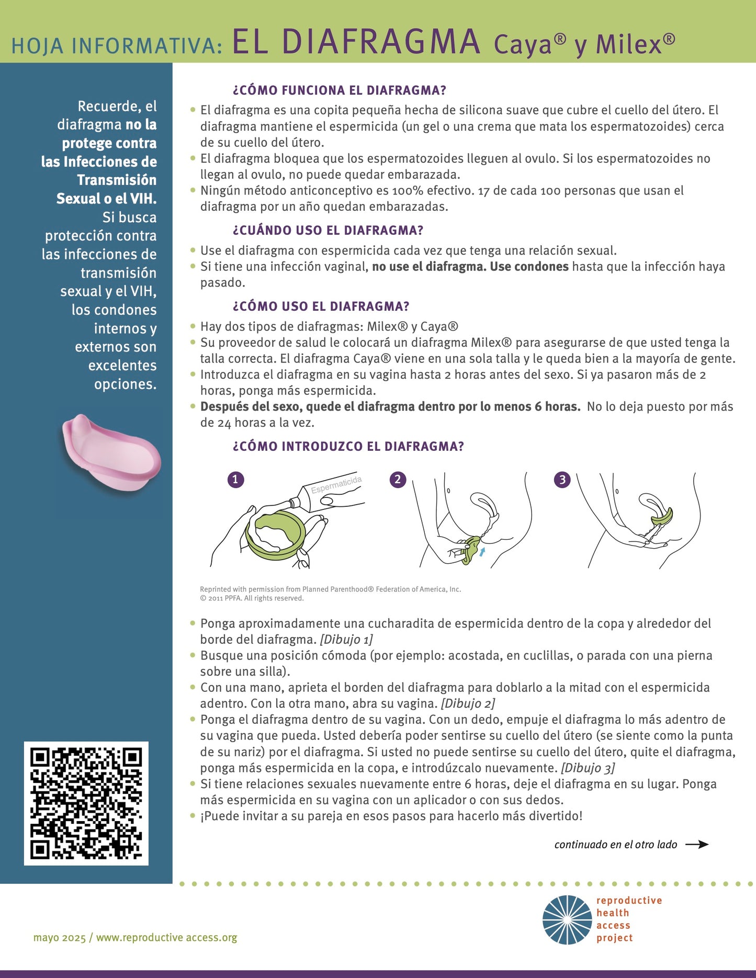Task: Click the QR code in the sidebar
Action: [x=86, y=803]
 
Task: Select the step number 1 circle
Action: [x=235, y=480]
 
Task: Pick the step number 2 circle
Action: [x=398, y=480]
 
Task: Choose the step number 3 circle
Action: [x=562, y=480]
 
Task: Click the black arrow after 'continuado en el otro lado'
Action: [x=697, y=844]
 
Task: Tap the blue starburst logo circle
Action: [x=567, y=920]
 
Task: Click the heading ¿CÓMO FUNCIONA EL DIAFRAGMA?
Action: [x=339, y=90]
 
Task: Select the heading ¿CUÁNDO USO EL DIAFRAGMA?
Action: [x=328, y=231]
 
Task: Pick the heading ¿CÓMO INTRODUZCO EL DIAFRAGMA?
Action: [x=348, y=447]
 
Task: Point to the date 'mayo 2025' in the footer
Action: [x=59, y=938]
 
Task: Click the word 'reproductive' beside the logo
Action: [x=629, y=901]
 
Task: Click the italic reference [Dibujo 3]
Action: [x=588, y=768]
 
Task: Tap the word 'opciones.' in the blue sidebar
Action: [x=125, y=384]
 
